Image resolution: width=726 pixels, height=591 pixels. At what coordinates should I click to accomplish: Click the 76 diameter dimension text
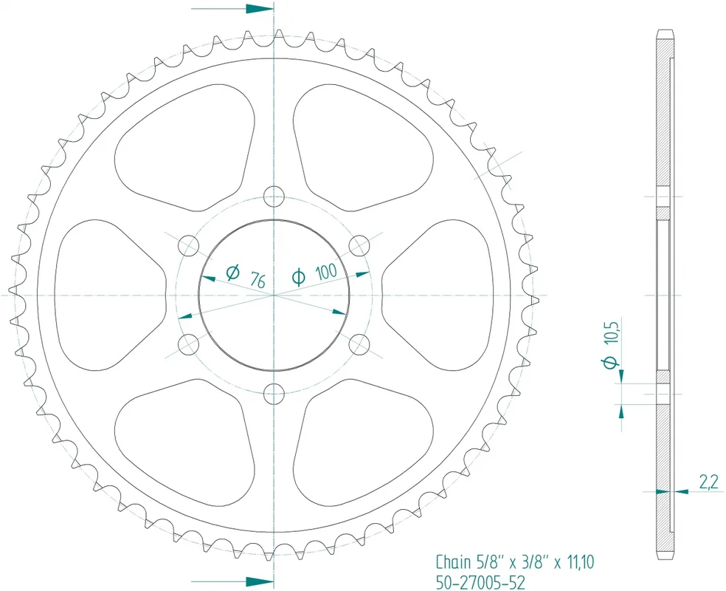coord(257,280)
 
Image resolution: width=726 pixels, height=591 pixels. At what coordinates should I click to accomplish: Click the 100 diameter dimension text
coord(326,271)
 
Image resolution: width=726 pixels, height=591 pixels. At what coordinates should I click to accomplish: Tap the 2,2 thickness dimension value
coord(709,483)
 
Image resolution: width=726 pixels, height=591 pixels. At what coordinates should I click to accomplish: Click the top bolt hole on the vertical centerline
coord(274,196)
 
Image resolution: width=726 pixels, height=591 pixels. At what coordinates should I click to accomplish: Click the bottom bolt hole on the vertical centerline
coord(274,394)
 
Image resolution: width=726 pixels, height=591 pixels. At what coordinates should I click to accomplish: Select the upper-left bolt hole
coord(188,245)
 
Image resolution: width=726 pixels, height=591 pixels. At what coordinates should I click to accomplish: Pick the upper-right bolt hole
coord(359,245)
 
